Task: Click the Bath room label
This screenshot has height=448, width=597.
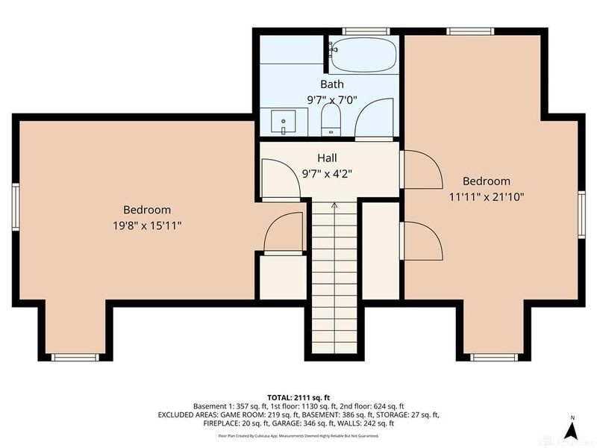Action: point(332,84)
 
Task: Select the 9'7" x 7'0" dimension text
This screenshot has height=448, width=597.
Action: point(332,99)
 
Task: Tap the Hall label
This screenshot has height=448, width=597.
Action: point(327,158)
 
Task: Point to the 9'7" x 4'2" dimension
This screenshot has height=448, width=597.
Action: point(327,173)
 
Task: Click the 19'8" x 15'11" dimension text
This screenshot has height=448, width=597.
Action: point(147,224)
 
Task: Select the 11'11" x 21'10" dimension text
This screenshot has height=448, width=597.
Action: point(486,197)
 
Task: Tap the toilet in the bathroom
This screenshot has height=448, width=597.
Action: point(331,119)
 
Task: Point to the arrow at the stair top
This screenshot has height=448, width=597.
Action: point(334,204)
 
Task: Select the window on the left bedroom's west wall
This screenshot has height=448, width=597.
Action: point(15,205)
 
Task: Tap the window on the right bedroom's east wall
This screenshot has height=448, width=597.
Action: point(581,215)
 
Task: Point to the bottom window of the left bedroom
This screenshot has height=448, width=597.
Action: point(75,357)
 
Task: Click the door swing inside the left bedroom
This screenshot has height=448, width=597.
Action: point(284,231)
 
